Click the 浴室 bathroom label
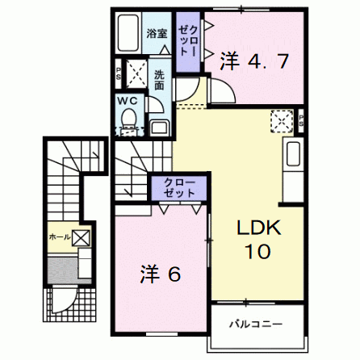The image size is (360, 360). tap(157, 34)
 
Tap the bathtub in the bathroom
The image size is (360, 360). tap(128, 33)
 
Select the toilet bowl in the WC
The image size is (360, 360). tap(128, 119)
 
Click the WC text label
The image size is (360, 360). tap(128, 101)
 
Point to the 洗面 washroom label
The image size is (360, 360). tap(159, 80)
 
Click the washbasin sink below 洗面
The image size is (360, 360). tap(160, 128)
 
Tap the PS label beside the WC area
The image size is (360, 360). tap(118, 73)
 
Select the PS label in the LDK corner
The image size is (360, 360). tap(301, 120)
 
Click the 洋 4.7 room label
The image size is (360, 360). tap(254, 61)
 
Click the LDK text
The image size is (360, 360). tap(259, 228)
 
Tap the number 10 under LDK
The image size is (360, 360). tap(257, 251)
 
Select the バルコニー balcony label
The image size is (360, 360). tap(256, 324)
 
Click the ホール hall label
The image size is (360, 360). tap(60, 237)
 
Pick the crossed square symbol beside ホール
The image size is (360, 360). tap(81, 238)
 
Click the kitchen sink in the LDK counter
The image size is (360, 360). tap(293, 154)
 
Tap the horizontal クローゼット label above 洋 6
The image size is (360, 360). tap(179, 188)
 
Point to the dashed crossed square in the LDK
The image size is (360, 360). tap(282, 121)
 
